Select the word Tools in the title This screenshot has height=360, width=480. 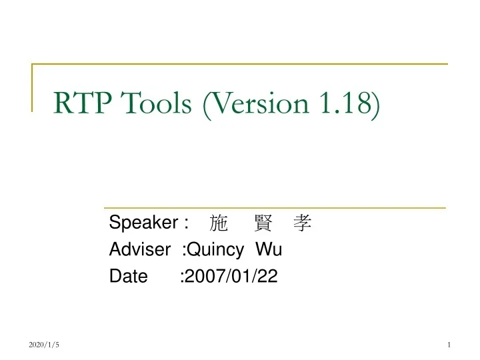click(x=157, y=104)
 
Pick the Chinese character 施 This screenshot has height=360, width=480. click(x=218, y=223)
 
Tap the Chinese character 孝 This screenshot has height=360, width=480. click(x=303, y=223)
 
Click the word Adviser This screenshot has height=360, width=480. click(x=140, y=251)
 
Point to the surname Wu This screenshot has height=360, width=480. click(x=269, y=251)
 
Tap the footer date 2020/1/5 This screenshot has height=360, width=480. click(x=45, y=344)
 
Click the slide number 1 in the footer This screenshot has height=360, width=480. click(x=450, y=344)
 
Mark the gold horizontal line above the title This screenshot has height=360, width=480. click(x=240, y=64)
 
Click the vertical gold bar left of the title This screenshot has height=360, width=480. click(x=33, y=87)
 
